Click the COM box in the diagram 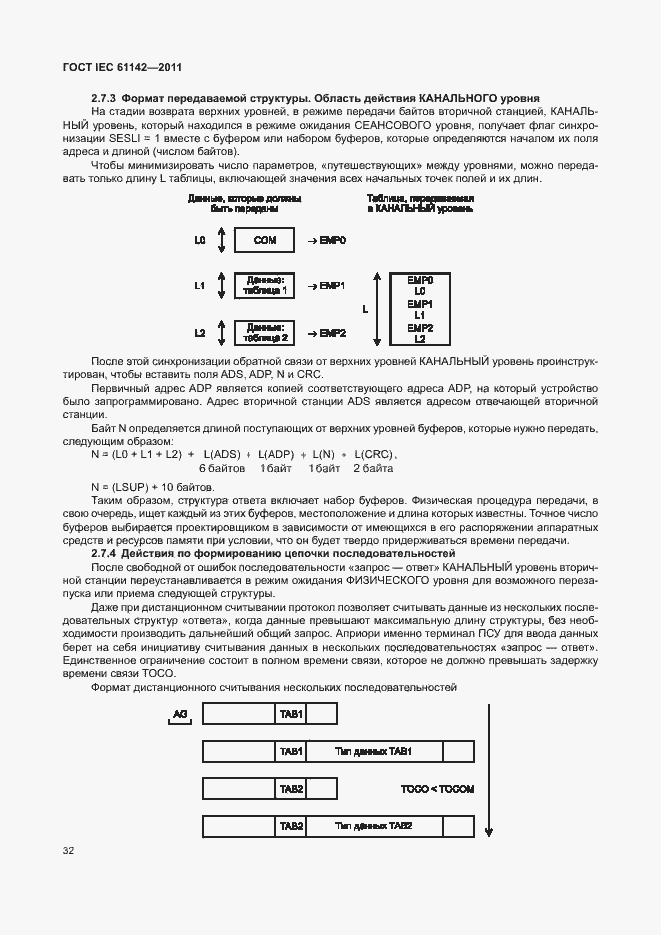(x=264, y=241)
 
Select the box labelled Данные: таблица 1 (x=265, y=286)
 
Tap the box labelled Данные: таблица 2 (x=265, y=332)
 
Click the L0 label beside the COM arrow (x=200, y=241)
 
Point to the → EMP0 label (x=326, y=241)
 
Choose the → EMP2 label (x=326, y=332)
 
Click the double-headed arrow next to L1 (x=220, y=286)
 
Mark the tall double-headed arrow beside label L (x=378, y=309)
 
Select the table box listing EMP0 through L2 (x=421, y=309)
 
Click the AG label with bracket (x=179, y=714)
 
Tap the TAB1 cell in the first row (x=291, y=713)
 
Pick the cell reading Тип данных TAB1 (x=373, y=751)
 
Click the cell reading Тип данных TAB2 (x=373, y=827)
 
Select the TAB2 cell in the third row (x=291, y=789)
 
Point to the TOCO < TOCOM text (x=437, y=789)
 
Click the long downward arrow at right (x=488, y=770)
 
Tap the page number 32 (x=68, y=851)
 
